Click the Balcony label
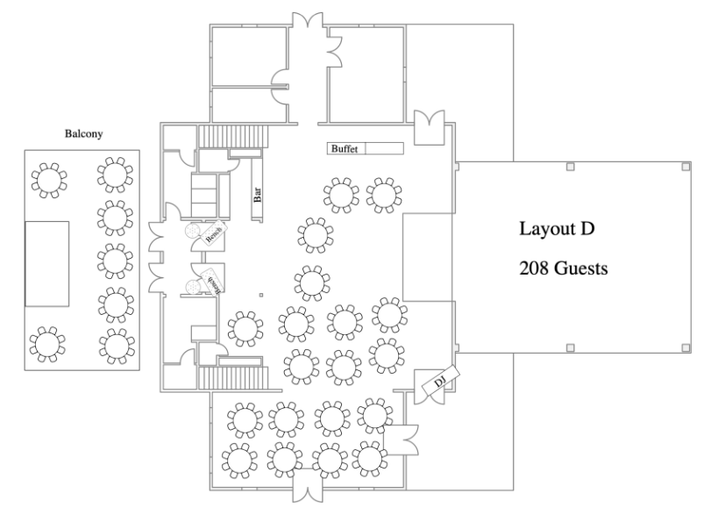pyautogui.click(x=82, y=135)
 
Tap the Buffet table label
pyautogui.click(x=345, y=149)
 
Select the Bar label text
pyautogui.click(x=258, y=195)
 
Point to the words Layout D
pyautogui.click(x=557, y=230)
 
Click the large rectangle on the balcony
pyautogui.click(x=47, y=263)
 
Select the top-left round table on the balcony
pyautogui.click(x=48, y=179)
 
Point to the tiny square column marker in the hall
pyautogui.click(x=260, y=295)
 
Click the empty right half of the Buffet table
pyautogui.click(x=384, y=149)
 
